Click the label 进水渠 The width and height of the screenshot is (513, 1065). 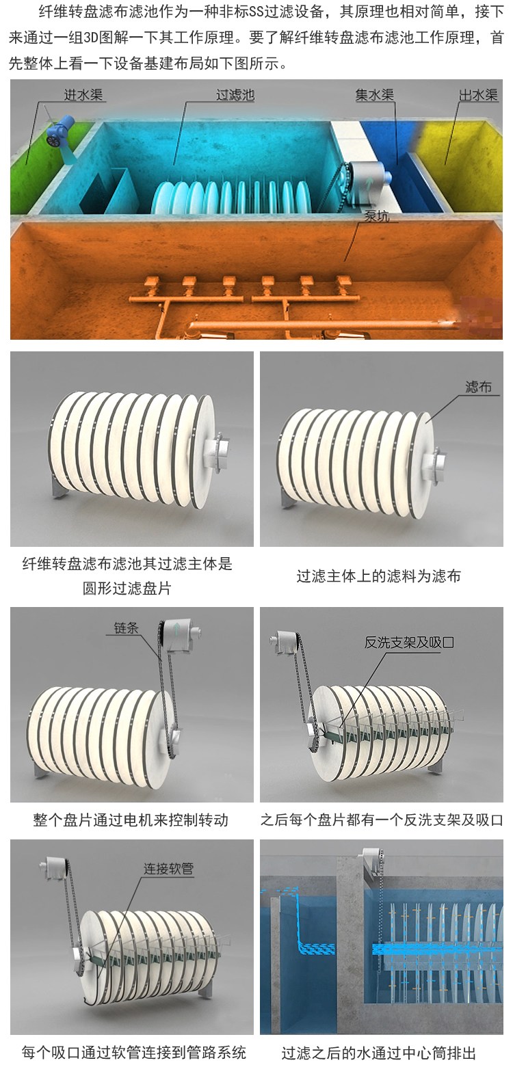(83, 94)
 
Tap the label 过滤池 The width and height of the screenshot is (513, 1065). (235, 94)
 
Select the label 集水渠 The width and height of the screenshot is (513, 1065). (375, 94)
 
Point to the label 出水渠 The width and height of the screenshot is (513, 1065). (478, 94)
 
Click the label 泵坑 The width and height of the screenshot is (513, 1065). (376, 216)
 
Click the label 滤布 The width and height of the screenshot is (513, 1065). (478, 387)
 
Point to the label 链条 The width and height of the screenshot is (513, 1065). (127, 628)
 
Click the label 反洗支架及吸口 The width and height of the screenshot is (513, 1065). (409, 643)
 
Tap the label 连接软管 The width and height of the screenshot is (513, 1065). (168, 869)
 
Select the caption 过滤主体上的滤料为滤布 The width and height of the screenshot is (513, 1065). (379, 576)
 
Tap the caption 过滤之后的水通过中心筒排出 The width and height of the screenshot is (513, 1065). (379, 1053)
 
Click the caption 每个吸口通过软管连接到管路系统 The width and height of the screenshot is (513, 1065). (134, 1053)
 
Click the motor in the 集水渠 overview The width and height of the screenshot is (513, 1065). (367, 176)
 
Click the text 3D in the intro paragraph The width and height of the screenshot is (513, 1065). (90, 38)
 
